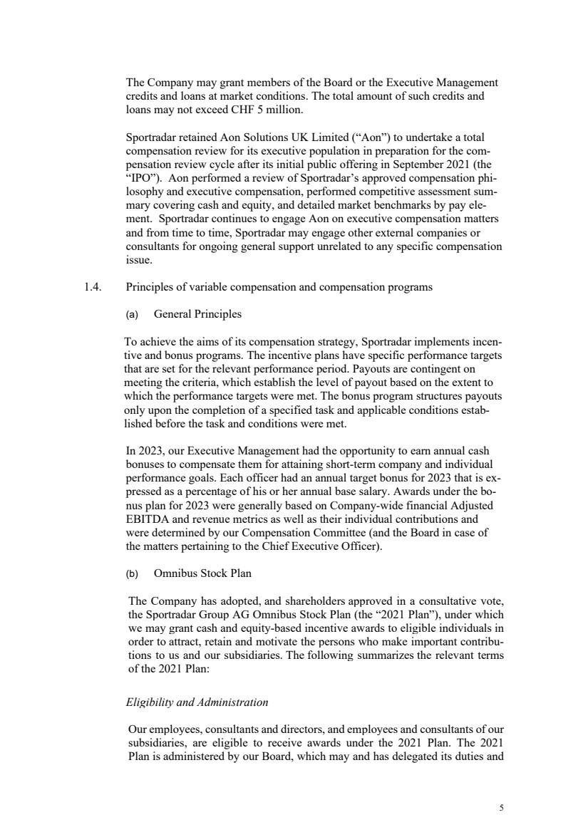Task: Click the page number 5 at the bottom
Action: click(x=501, y=808)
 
